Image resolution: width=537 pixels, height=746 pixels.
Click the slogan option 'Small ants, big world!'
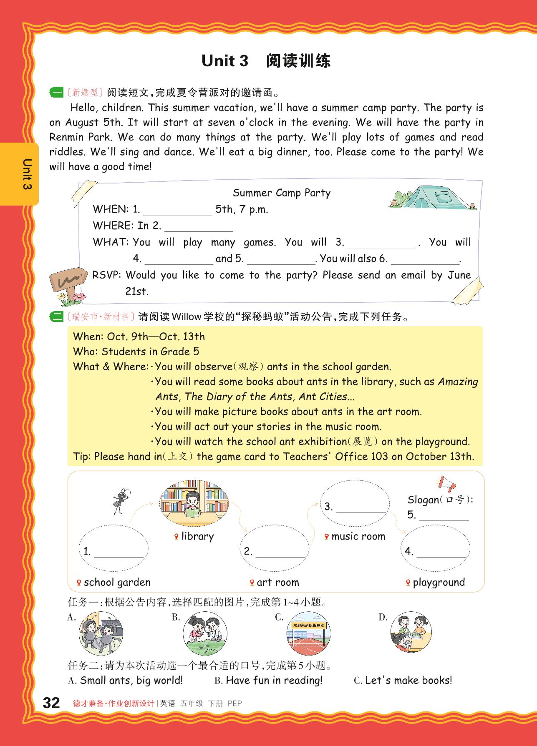tap(131, 681)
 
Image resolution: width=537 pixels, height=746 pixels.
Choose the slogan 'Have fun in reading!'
tap(274, 681)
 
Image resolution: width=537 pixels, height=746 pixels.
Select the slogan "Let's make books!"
tap(408, 681)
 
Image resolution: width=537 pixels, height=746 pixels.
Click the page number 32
tap(52, 703)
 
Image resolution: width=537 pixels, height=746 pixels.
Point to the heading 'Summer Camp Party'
tap(282, 193)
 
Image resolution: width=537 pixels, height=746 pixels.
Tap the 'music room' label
tap(358, 536)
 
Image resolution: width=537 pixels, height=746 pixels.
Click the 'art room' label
tap(277, 582)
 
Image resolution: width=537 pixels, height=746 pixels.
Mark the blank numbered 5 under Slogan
tap(444, 516)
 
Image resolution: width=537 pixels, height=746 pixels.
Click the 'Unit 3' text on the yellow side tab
tap(27, 174)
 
